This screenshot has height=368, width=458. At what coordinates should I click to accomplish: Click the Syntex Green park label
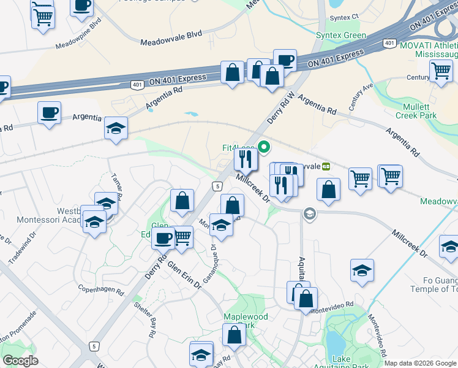tap(340, 36)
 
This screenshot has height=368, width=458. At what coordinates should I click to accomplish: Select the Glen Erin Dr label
tap(184, 275)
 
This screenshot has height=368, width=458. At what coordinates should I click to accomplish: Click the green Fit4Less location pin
tap(265, 147)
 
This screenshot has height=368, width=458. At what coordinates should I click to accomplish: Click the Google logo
tap(20, 361)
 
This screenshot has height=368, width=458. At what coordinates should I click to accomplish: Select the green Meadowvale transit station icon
tap(326, 166)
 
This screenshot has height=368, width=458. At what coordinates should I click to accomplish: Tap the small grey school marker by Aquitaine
tap(309, 213)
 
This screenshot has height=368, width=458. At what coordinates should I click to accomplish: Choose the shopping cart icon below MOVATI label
tap(441, 71)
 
